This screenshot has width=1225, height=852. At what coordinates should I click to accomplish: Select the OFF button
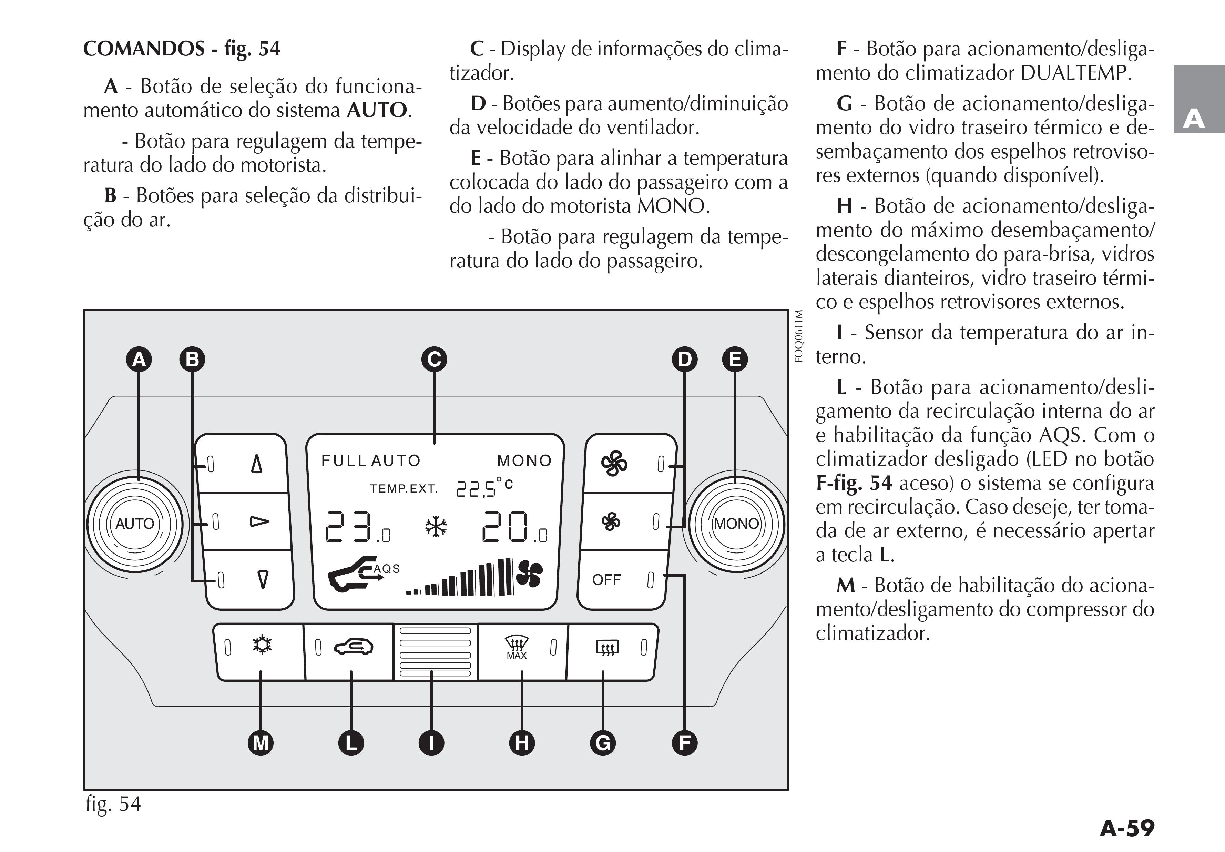point(622,580)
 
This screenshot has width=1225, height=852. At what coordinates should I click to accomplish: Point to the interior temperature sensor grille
point(435,651)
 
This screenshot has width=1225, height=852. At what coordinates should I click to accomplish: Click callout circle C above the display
point(434,359)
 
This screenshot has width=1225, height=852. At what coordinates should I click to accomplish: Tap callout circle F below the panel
point(685,743)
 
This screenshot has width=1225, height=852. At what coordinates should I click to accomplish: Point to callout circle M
point(261,743)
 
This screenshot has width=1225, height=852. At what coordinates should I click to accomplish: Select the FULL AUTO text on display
point(371,460)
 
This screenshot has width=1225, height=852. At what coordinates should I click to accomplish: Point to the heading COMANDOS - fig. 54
point(181,49)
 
